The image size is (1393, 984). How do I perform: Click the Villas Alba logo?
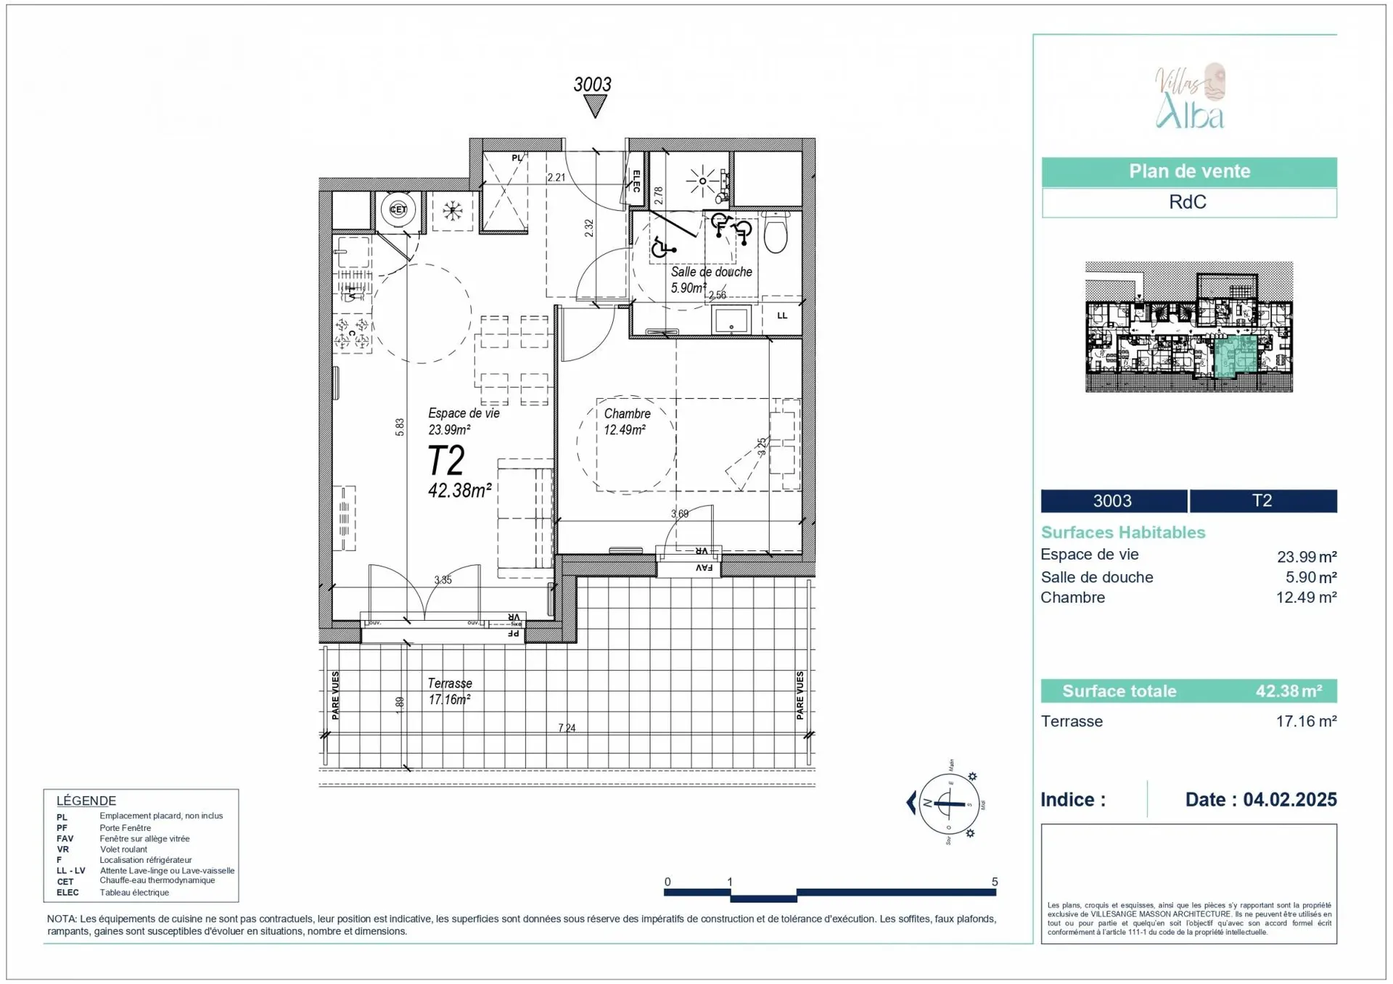pyautogui.click(x=1190, y=96)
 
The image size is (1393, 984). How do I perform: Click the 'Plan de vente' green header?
pyautogui.click(x=1188, y=172)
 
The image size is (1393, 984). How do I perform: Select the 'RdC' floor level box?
pyautogui.click(x=1188, y=202)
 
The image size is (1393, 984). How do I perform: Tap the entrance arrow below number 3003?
pyautogui.click(x=595, y=107)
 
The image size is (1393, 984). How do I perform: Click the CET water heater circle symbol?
pyautogui.click(x=398, y=210)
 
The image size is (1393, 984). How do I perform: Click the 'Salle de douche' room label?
pyautogui.click(x=710, y=272)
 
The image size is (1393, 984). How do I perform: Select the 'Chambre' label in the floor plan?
pyautogui.click(x=627, y=413)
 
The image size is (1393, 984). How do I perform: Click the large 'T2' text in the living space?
pyautogui.click(x=445, y=460)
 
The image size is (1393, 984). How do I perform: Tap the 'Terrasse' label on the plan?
pyautogui.click(x=449, y=683)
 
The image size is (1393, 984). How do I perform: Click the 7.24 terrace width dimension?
pyautogui.click(x=567, y=727)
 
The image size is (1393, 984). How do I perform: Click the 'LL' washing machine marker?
pyautogui.click(x=782, y=315)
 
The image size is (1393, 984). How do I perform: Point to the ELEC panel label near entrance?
pyautogui.click(x=636, y=181)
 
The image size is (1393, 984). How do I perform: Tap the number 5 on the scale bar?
pyautogui.click(x=995, y=882)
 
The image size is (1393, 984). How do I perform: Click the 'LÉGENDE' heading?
pyautogui.click(x=86, y=801)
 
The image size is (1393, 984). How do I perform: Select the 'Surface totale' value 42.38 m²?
pyautogui.click(x=1289, y=691)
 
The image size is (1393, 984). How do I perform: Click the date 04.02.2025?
pyautogui.click(x=1289, y=799)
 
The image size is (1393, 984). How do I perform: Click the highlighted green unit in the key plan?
pyautogui.click(x=1234, y=356)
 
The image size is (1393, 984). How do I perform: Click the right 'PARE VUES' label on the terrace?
pyautogui.click(x=800, y=695)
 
